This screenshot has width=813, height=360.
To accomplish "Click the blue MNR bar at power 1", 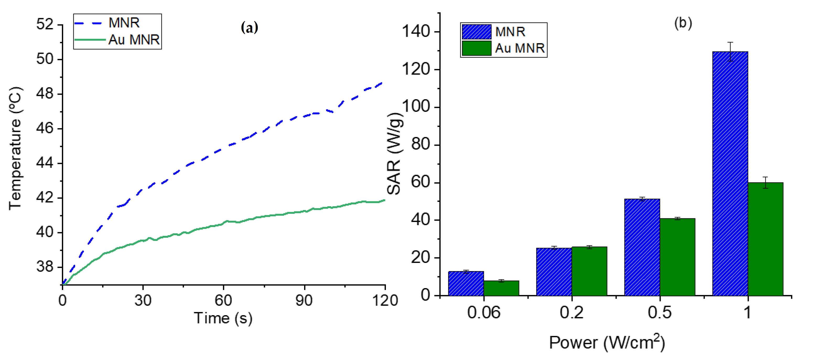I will click(x=730, y=174).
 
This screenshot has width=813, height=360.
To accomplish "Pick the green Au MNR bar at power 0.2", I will click(x=589, y=271).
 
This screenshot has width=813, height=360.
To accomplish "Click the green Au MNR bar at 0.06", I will click(x=501, y=288).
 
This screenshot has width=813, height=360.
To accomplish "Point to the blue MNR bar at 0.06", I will click(x=466, y=283).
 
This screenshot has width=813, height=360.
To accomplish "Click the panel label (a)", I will click(x=249, y=28).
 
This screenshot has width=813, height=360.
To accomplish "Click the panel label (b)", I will click(x=683, y=23).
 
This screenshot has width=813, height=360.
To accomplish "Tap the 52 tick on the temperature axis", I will click(x=45, y=24).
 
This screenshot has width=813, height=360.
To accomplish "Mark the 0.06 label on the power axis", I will click(x=483, y=313).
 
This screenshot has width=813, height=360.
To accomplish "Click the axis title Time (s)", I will click(x=223, y=318).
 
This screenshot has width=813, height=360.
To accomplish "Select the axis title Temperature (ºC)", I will click(x=15, y=149).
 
